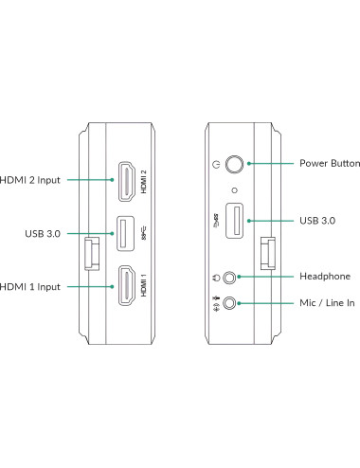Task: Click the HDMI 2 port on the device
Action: [x=124, y=182]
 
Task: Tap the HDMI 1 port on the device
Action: [x=124, y=287]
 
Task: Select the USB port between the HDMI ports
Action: [x=125, y=234]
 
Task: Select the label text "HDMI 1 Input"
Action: [x=31, y=287]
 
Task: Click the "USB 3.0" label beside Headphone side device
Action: [x=316, y=220]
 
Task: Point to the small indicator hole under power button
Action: [x=234, y=188]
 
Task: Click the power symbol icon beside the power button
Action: [x=217, y=164]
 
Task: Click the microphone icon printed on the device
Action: [x=217, y=304]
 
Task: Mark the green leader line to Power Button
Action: [x=272, y=163]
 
